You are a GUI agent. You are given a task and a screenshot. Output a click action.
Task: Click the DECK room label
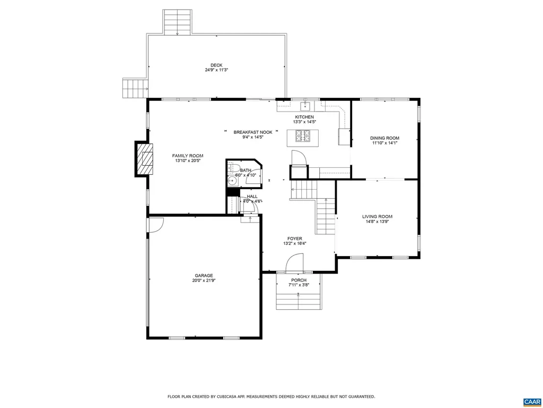point(216,65)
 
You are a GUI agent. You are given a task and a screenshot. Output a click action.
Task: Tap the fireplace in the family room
point(145,159)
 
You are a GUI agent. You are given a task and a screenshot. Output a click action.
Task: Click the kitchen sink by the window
point(305,105)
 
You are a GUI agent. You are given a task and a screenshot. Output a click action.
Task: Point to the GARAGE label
point(204,275)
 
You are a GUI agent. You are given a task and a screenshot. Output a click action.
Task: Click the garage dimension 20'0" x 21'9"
point(204,280)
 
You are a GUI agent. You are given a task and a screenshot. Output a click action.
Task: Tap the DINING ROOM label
point(384,138)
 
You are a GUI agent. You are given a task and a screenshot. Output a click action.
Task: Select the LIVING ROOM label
point(377,216)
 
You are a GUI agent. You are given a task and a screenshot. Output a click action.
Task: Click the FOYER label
point(294,239)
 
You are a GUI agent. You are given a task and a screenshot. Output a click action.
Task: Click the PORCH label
point(299,280)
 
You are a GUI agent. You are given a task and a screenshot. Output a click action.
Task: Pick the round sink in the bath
point(232,181)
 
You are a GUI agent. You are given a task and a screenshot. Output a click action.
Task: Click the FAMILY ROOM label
point(188,156)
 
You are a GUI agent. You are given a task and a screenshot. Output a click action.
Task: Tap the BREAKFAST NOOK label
point(253,132)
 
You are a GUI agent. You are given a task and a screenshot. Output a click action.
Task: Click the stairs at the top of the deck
point(177,22)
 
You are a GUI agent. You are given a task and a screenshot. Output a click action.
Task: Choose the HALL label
point(252,196)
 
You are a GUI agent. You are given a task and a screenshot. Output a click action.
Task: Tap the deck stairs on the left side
point(134,88)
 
